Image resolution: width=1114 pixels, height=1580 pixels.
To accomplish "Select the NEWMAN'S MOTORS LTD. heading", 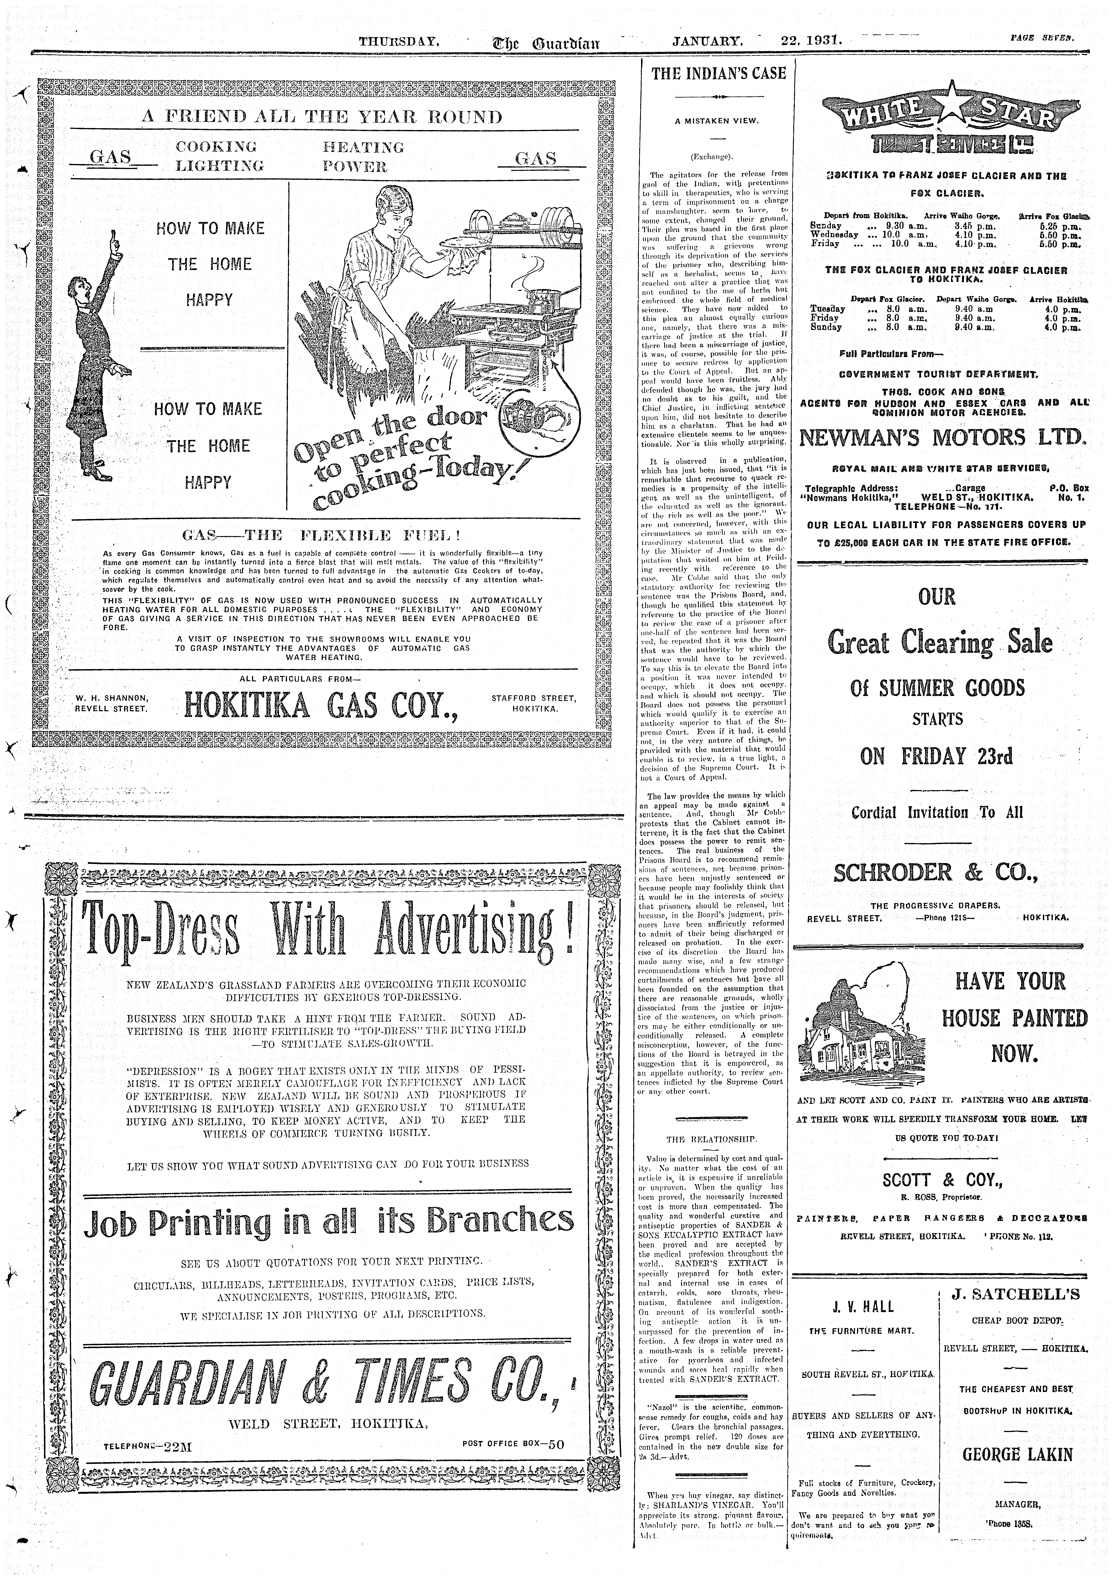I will tap(942, 438).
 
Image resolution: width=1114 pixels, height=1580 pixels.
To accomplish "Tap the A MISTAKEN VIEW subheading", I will tap(717, 122).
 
